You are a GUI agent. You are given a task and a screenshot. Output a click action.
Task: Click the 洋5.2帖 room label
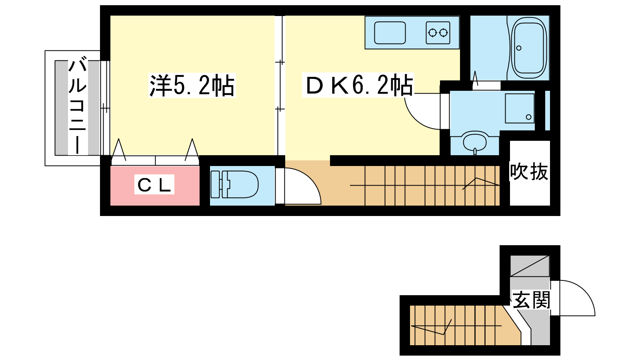pos(192,86)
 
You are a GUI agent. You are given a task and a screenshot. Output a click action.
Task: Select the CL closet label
pos(154,184)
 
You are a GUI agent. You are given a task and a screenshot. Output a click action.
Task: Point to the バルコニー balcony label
pos(78,107)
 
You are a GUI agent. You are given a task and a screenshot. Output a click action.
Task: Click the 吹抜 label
pos(529,172)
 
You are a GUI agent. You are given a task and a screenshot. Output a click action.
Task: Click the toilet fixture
pos(234,184)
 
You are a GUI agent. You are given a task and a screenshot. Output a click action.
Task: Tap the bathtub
pos(529,48)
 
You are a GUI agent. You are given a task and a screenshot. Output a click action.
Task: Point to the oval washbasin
pos(474,142)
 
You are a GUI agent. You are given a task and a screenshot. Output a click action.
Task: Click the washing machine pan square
pos(520,108)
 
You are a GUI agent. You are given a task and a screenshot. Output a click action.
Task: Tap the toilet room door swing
pos(303,186)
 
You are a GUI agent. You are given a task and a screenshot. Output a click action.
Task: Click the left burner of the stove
pos(432,33)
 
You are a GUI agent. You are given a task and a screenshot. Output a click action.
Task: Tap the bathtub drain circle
pos(519,48)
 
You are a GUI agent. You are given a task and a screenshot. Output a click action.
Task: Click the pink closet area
pos(155,186)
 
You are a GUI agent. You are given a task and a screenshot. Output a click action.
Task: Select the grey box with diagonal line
pos(530,266)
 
